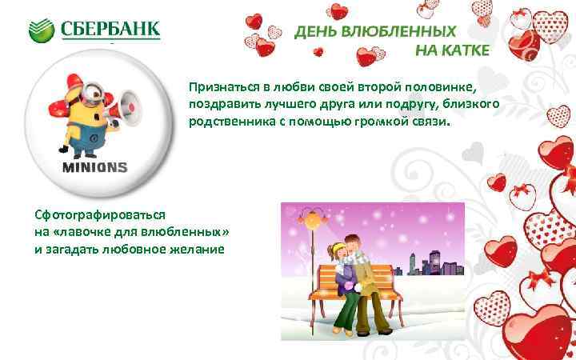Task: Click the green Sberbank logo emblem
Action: (x=42, y=30)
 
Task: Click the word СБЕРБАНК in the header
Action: (x=110, y=30)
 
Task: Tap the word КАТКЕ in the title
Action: (x=463, y=52)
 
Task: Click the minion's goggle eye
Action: (x=92, y=94)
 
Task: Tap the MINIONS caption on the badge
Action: (x=95, y=167)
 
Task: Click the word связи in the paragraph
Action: (x=432, y=122)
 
